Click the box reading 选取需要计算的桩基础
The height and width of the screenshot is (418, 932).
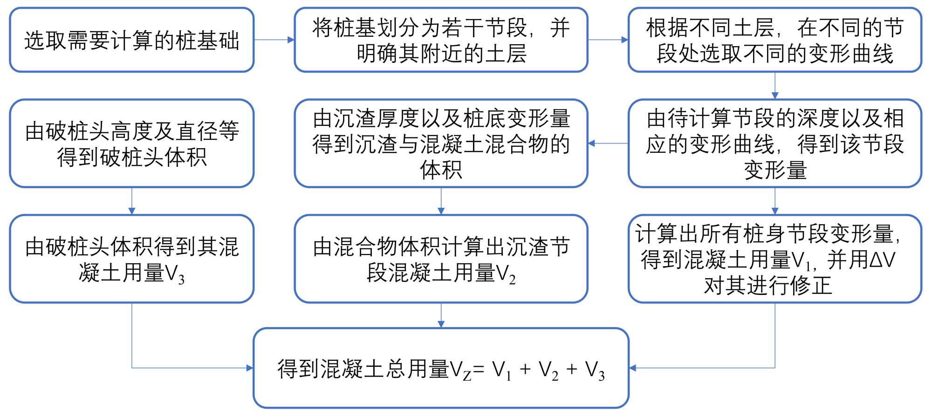(132, 40)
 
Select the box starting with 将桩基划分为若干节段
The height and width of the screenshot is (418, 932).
(441, 40)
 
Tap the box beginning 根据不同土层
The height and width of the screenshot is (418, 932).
(774, 40)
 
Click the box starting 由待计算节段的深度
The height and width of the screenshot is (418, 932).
(774, 144)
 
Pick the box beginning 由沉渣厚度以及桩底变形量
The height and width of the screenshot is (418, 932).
(441, 144)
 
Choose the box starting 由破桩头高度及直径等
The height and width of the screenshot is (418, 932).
(132, 144)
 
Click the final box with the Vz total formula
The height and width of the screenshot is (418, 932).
(441, 368)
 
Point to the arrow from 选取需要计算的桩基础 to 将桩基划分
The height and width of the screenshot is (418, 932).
(274, 40)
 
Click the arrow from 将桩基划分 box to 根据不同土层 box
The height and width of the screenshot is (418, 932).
(608, 40)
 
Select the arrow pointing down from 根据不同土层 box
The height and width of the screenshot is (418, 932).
(774, 86)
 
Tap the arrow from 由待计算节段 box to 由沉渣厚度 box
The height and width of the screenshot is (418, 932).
(608, 144)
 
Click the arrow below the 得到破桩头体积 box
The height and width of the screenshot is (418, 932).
(132, 201)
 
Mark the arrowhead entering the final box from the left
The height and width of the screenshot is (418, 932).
(249, 368)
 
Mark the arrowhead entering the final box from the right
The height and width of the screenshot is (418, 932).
(633, 368)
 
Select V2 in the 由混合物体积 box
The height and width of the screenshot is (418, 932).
(506, 275)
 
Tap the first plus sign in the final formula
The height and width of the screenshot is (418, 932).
(525, 369)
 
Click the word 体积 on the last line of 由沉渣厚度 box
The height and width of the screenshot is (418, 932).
(441, 170)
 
